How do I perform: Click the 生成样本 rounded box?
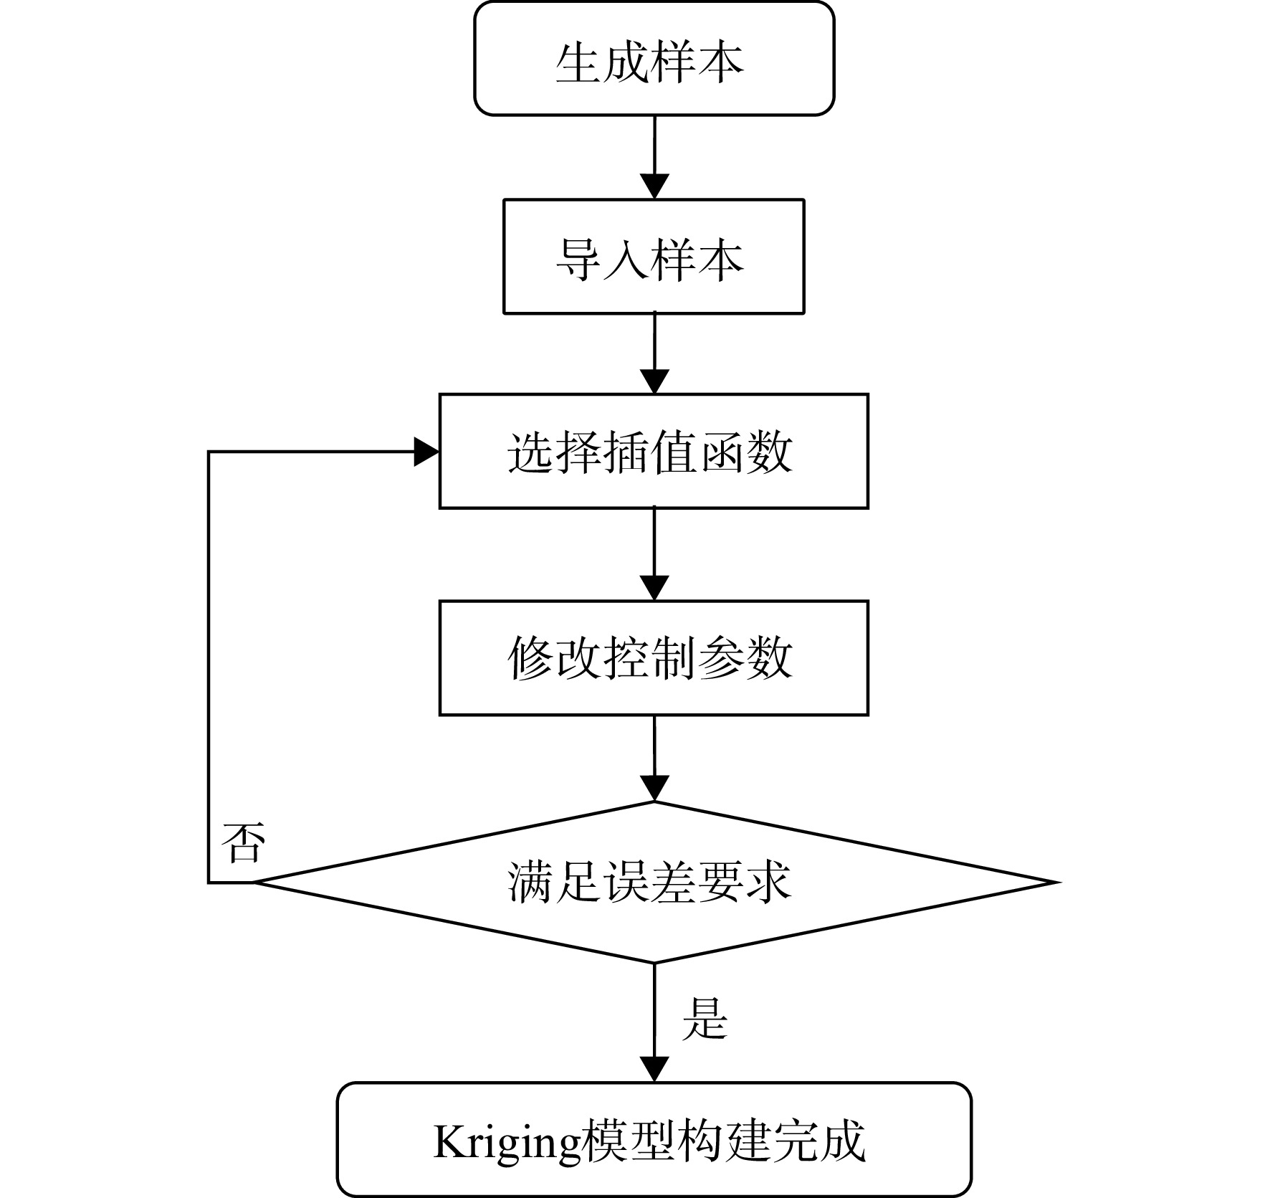click(x=654, y=58)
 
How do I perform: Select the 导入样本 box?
click(x=654, y=257)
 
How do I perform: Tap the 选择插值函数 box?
click(x=654, y=451)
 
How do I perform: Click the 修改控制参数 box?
click(x=654, y=657)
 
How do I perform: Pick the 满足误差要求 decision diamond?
click(x=654, y=882)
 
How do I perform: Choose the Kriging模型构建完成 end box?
click(x=654, y=1139)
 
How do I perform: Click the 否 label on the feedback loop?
click(x=243, y=842)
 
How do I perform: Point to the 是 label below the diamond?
click(x=705, y=1017)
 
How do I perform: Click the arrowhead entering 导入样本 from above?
click(x=654, y=186)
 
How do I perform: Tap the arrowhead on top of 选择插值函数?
click(x=654, y=381)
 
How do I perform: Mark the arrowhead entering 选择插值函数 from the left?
click(x=426, y=452)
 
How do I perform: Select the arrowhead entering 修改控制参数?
click(x=654, y=588)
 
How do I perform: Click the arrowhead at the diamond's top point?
click(x=654, y=789)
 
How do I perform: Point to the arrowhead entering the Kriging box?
click(x=654, y=1070)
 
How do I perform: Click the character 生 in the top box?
click(x=578, y=62)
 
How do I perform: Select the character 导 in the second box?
click(x=578, y=260)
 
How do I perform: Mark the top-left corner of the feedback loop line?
click(x=209, y=452)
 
